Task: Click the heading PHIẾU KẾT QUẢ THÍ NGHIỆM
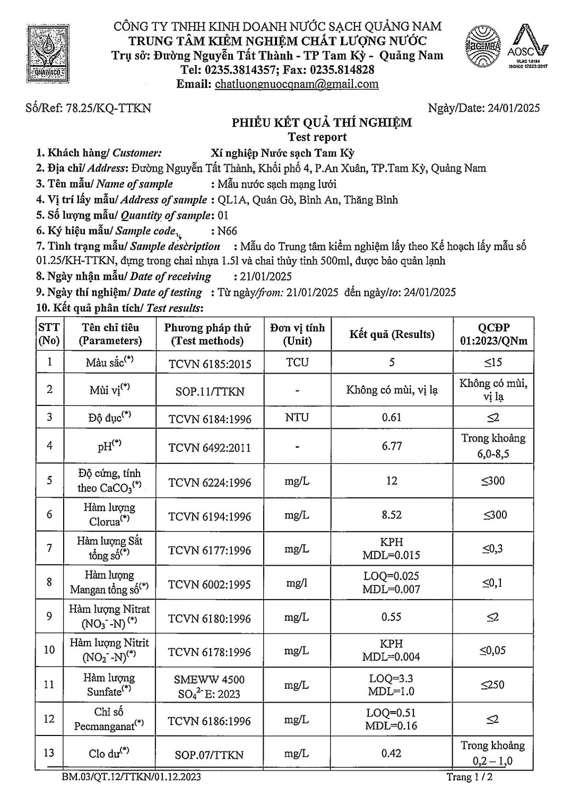click(x=322, y=123)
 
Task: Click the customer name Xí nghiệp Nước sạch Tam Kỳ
click(x=283, y=153)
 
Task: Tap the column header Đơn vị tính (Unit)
click(x=297, y=334)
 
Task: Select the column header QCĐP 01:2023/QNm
click(x=493, y=334)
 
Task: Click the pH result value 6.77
click(x=392, y=446)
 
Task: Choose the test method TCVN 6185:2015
click(x=210, y=364)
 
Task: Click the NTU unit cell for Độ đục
click(x=297, y=418)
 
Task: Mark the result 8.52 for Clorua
click(x=392, y=514)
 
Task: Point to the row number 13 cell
click(x=49, y=753)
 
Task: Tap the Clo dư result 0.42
click(x=392, y=753)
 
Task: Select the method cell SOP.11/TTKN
click(x=210, y=392)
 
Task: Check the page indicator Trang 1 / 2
click(x=472, y=777)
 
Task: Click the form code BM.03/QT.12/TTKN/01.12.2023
click(x=131, y=777)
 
